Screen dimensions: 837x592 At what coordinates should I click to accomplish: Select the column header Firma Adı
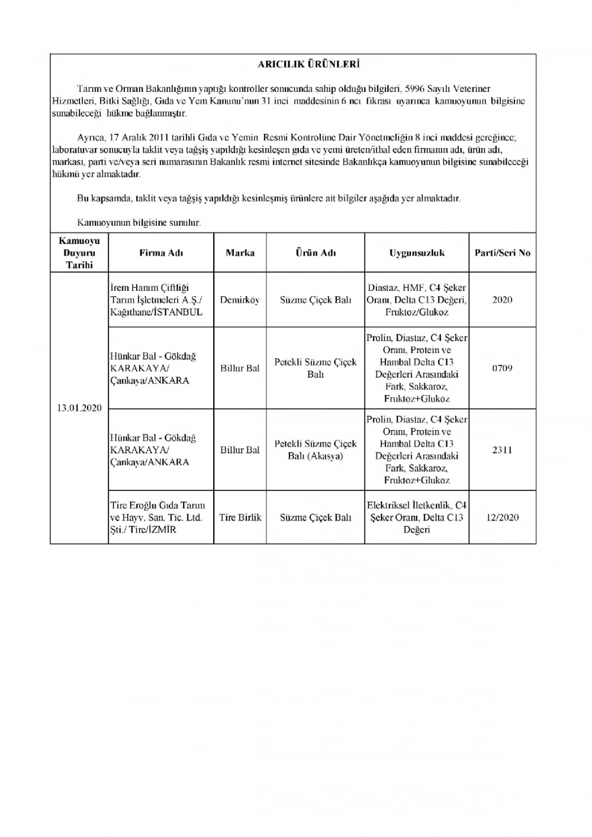click(161, 253)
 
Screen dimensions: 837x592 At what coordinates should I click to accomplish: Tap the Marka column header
click(240, 253)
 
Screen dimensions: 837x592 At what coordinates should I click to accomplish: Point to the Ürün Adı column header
click(316, 253)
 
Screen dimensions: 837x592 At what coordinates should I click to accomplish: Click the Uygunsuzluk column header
click(417, 253)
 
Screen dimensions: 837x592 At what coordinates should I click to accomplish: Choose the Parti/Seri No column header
click(502, 253)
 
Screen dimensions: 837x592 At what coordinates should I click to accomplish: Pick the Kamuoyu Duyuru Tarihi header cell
click(79, 253)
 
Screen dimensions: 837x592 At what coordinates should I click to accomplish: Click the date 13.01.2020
click(79, 408)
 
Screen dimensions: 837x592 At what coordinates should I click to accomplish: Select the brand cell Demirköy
click(240, 300)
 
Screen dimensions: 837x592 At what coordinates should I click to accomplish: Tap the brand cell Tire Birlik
click(240, 517)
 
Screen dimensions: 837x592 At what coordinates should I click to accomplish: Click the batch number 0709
click(502, 368)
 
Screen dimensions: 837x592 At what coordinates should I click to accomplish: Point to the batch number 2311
click(502, 450)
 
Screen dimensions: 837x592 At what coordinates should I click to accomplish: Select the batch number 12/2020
click(502, 517)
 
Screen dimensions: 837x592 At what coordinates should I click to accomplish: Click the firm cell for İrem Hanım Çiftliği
click(156, 300)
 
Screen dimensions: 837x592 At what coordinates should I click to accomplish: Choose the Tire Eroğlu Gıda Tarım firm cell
click(157, 517)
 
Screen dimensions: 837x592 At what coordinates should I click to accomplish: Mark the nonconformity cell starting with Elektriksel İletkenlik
click(417, 517)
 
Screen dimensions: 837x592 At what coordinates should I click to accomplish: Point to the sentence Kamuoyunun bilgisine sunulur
click(139, 223)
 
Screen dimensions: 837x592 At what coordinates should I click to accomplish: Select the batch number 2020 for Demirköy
click(502, 300)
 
